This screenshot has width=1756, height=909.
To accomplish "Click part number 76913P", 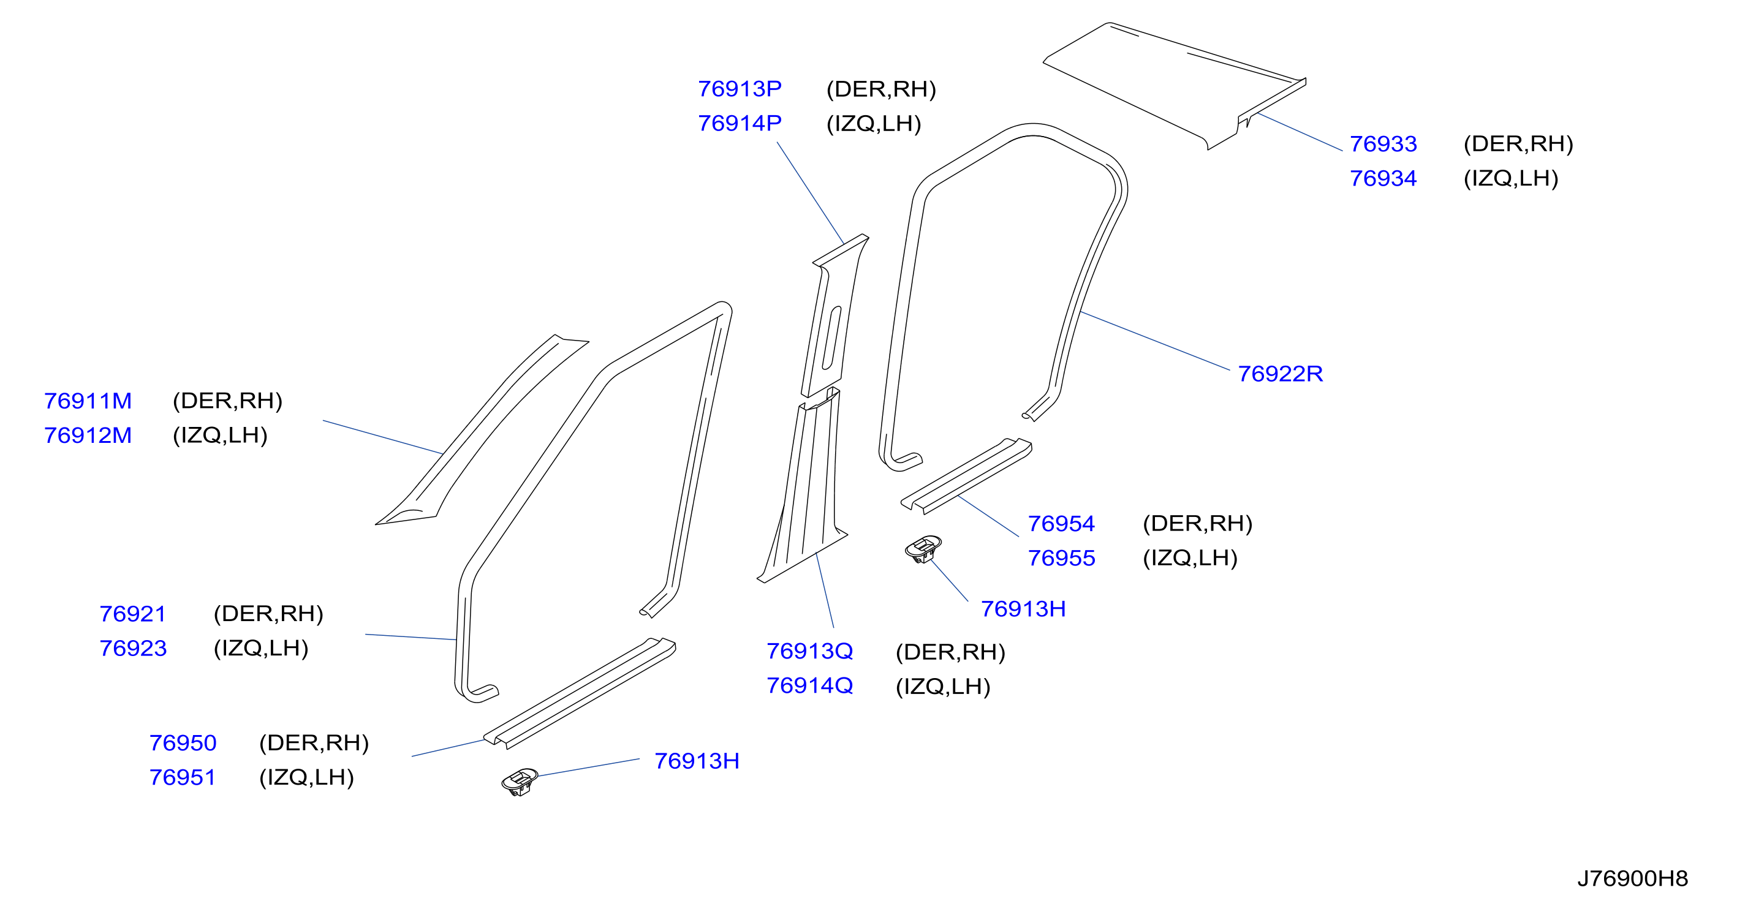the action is click(740, 89).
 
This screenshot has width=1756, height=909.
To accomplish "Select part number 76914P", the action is click(740, 123).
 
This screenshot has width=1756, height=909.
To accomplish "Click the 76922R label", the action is click(1280, 374).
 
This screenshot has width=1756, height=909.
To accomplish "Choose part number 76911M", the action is click(88, 401).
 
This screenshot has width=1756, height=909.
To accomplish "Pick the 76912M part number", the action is click(88, 436).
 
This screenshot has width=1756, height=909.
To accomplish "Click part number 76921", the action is click(133, 614).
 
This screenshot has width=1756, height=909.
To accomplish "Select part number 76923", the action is click(133, 648).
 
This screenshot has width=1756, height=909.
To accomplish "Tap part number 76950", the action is click(183, 743).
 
